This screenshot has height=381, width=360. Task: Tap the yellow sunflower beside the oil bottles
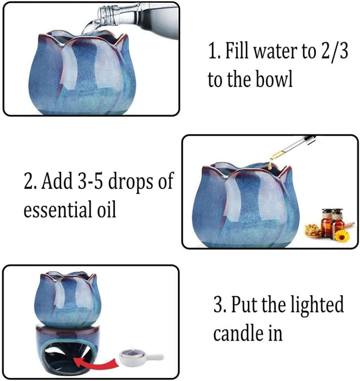pos(342,235)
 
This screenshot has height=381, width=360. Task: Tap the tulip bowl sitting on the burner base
pos(67,296)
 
